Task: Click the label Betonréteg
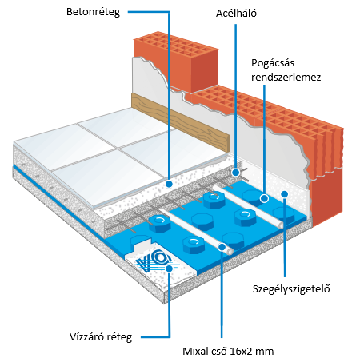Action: [x=93, y=12]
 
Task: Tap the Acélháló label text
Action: [x=236, y=13]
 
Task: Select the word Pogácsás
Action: [x=273, y=63]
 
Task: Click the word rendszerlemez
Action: [x=286, y=78]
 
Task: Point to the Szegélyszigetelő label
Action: [x=291, y=288]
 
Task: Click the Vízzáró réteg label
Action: [x=101, y=337]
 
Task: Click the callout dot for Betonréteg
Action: [x=169, y=184]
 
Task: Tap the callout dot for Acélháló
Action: [x=235, y=173]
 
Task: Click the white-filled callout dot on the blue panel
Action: [x=264, y=198]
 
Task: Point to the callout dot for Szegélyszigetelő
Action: [x=285, y=194]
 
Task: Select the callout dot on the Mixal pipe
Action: [x=222, y=247]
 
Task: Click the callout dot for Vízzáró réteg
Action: [x=169, y=269]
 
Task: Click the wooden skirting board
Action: [x=180, y=122]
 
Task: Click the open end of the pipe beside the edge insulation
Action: [x=281, y=225]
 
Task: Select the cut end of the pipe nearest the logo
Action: [x=230, y=251]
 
